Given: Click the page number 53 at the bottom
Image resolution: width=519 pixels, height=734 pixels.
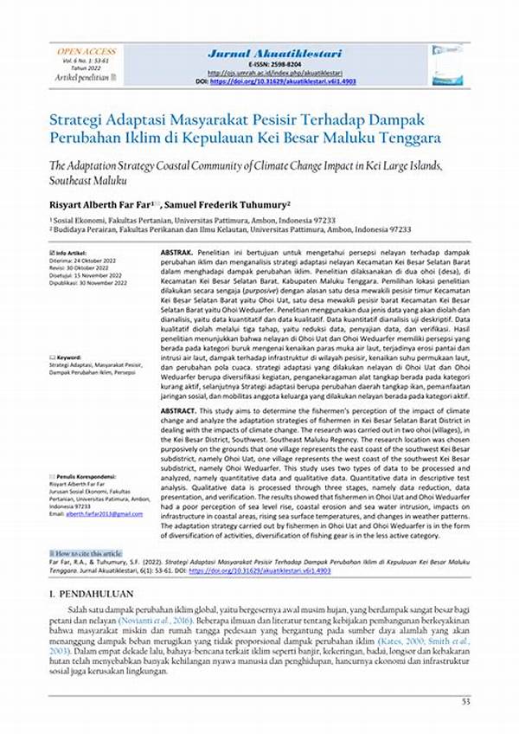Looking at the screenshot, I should (x=465, y=701).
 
